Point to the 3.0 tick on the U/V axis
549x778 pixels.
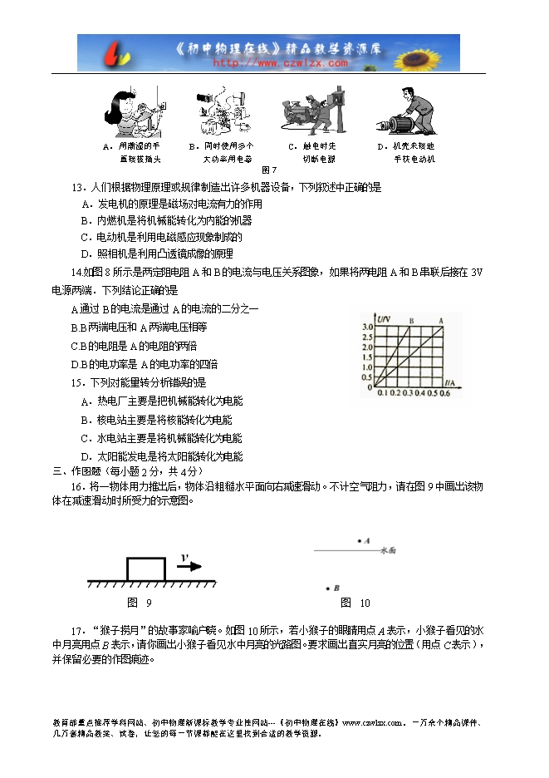(x=367, y=327)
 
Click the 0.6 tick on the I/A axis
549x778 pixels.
(x=444, y=393)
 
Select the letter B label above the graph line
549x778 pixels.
(x=411, y=319)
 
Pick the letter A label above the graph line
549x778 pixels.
(x=440, y=319)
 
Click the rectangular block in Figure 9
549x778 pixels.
(x=146, y=569)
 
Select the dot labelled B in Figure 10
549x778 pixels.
(x=327, y=587)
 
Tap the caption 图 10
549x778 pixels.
(x=355, y=603)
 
